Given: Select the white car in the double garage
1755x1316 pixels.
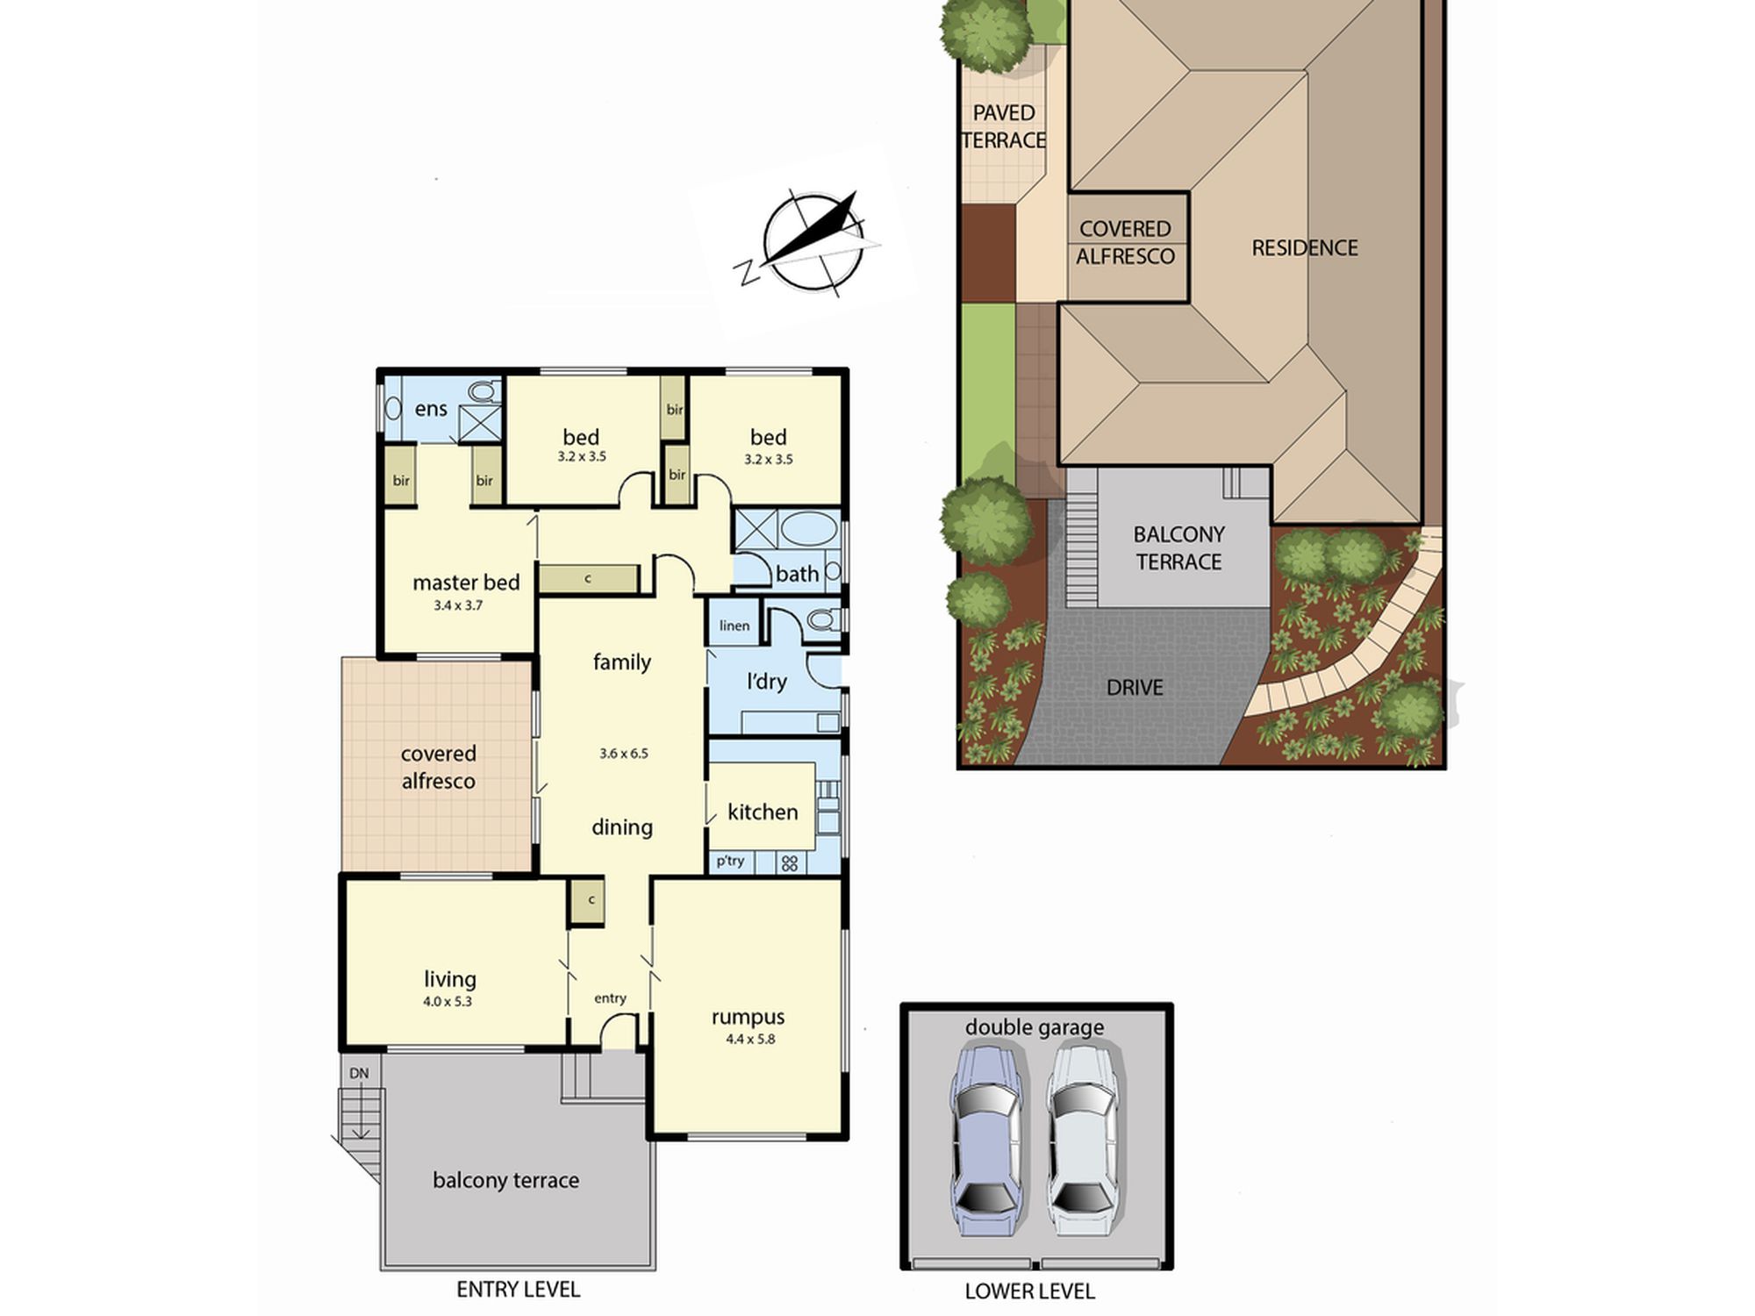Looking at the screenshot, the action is click(x=1082, y=1138).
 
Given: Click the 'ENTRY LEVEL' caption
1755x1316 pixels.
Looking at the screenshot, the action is click(x=518, y=1289).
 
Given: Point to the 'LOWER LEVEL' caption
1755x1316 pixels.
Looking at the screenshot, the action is click(x=1029, y=1291).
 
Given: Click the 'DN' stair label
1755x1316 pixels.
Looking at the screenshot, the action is click(x=359, y=1073).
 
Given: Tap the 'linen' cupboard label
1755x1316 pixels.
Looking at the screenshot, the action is click(x=734, y=626).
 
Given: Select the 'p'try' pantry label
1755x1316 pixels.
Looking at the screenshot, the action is click(x=730, y=862).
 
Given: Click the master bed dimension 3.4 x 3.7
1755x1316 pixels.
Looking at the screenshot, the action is click(x=458, y=605).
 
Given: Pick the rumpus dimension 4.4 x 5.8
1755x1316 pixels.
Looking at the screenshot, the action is click(x=750, y=1040).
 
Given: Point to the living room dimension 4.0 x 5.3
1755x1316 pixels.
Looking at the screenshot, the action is click(x=448, y=1001).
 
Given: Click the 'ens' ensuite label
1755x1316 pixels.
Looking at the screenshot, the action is click(x=431, y=409).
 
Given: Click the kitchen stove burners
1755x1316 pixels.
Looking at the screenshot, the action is click(x=790, y=863).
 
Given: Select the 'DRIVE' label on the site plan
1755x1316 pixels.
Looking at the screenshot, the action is click(x=1135, y=688).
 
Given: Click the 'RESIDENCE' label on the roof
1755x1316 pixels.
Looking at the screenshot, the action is click(x=1305, y=248).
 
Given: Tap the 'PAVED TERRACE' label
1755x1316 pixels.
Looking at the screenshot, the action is click(x=1004, y=126).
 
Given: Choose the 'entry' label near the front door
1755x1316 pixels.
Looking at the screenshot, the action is click(x=610, y=998).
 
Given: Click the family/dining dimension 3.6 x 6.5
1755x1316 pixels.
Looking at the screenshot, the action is click(x=624, y=754).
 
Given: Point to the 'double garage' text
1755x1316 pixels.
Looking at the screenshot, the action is click(x=1035, y=1027).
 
